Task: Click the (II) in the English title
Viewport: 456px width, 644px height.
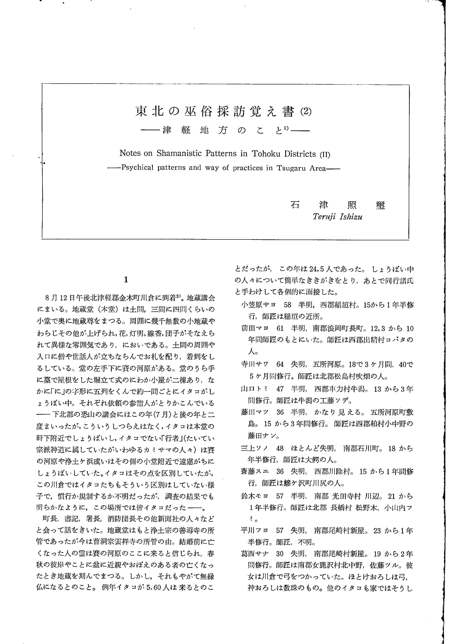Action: click(325, 154)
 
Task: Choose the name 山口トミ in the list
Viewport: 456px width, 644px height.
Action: click(255, 389)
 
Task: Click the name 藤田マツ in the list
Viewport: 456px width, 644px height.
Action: click(255, 412)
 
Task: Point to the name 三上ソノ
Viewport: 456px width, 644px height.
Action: click(255, 448)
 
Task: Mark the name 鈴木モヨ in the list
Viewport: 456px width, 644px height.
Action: click(255, 496)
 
